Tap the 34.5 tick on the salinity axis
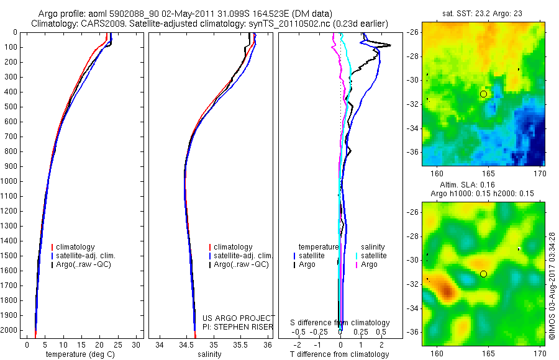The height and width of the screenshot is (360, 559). (x=186, y=344)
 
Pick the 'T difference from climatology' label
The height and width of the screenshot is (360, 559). (x=339, y=354)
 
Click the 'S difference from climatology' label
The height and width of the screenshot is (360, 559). (x=340, y=323)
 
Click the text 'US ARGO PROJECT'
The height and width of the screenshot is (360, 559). (x=239, y=318)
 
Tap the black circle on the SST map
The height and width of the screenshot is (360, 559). (x=484, y=94)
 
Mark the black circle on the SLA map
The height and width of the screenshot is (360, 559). (x=484, y=274)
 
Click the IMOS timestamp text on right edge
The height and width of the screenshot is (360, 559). (x=552, y=286)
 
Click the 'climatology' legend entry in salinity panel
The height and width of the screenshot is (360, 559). (x=233, y=247)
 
